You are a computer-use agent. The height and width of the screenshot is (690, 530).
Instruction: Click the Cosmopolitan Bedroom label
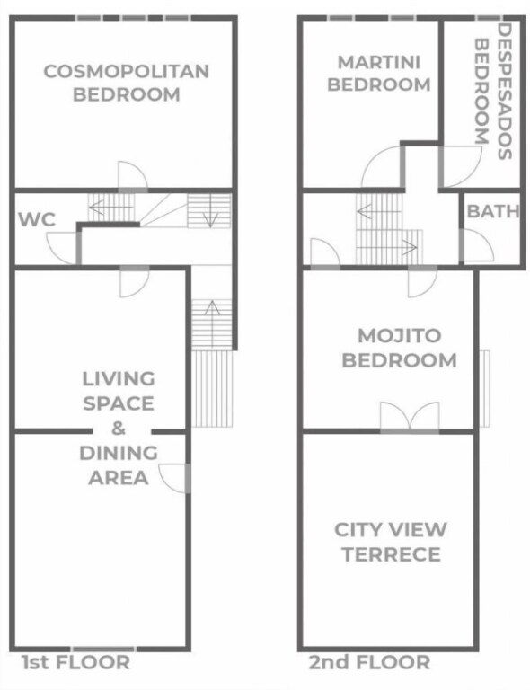point(127,83)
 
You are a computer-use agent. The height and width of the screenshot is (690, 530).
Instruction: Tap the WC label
point(37,219)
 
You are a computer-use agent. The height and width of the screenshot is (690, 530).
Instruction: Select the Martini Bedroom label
point(379,73)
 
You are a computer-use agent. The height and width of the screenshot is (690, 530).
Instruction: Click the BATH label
point(493,211)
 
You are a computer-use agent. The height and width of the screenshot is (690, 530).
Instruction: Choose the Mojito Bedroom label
point(400,348)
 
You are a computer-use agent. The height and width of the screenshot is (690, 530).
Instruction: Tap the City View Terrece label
point(391,542)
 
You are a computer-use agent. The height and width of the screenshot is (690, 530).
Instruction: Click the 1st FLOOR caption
point(76,662)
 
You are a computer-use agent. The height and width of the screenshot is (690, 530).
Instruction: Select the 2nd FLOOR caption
point(369,662)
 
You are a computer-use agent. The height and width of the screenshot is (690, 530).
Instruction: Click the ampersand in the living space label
point(119,429)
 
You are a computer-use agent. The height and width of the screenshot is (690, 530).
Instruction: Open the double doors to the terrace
point(410,415)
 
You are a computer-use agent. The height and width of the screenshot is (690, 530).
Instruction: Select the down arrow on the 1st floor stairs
point(210,211)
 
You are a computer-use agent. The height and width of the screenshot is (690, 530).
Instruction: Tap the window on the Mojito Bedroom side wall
point(484,388)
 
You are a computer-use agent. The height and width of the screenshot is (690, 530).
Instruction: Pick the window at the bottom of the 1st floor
point(103,649)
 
